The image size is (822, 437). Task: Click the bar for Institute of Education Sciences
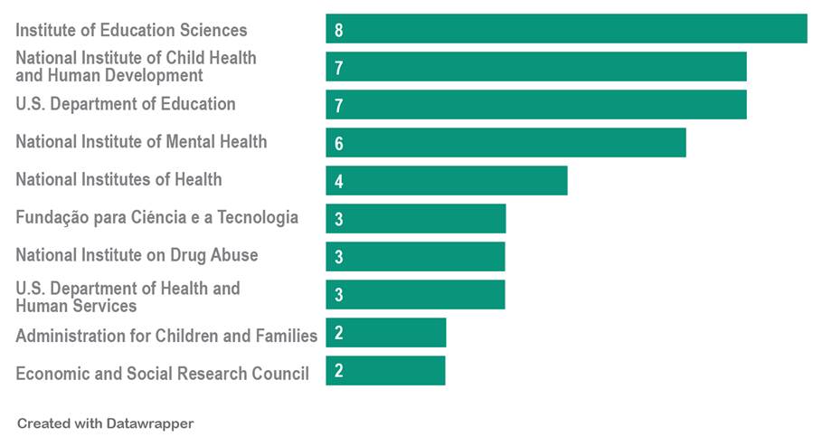point(566,29)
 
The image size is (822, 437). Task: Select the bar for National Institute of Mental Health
point(505,143)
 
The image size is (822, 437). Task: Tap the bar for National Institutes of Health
point(447,180)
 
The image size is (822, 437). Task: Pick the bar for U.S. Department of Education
point(536,105)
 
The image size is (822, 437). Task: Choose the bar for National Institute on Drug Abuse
point(415,256)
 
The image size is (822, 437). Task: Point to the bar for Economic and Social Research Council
point(385,370)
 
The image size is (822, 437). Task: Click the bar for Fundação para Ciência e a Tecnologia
point(416,218)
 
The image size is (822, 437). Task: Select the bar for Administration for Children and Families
point(386,332)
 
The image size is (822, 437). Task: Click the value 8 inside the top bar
point(338,31)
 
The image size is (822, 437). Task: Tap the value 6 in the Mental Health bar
point(338,144)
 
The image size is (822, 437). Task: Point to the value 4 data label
point(338,182)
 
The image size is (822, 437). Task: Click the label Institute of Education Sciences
point(131,31)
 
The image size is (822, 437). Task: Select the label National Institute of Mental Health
point(141,142)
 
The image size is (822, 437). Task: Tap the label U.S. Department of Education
point(126,104)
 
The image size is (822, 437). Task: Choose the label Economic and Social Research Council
point(162,373)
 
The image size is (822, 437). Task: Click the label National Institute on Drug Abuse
point(137,255)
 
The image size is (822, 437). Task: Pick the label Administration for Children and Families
point(166,336)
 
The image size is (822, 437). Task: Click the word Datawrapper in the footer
point(151,423)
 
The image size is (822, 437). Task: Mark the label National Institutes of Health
point(118,179)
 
